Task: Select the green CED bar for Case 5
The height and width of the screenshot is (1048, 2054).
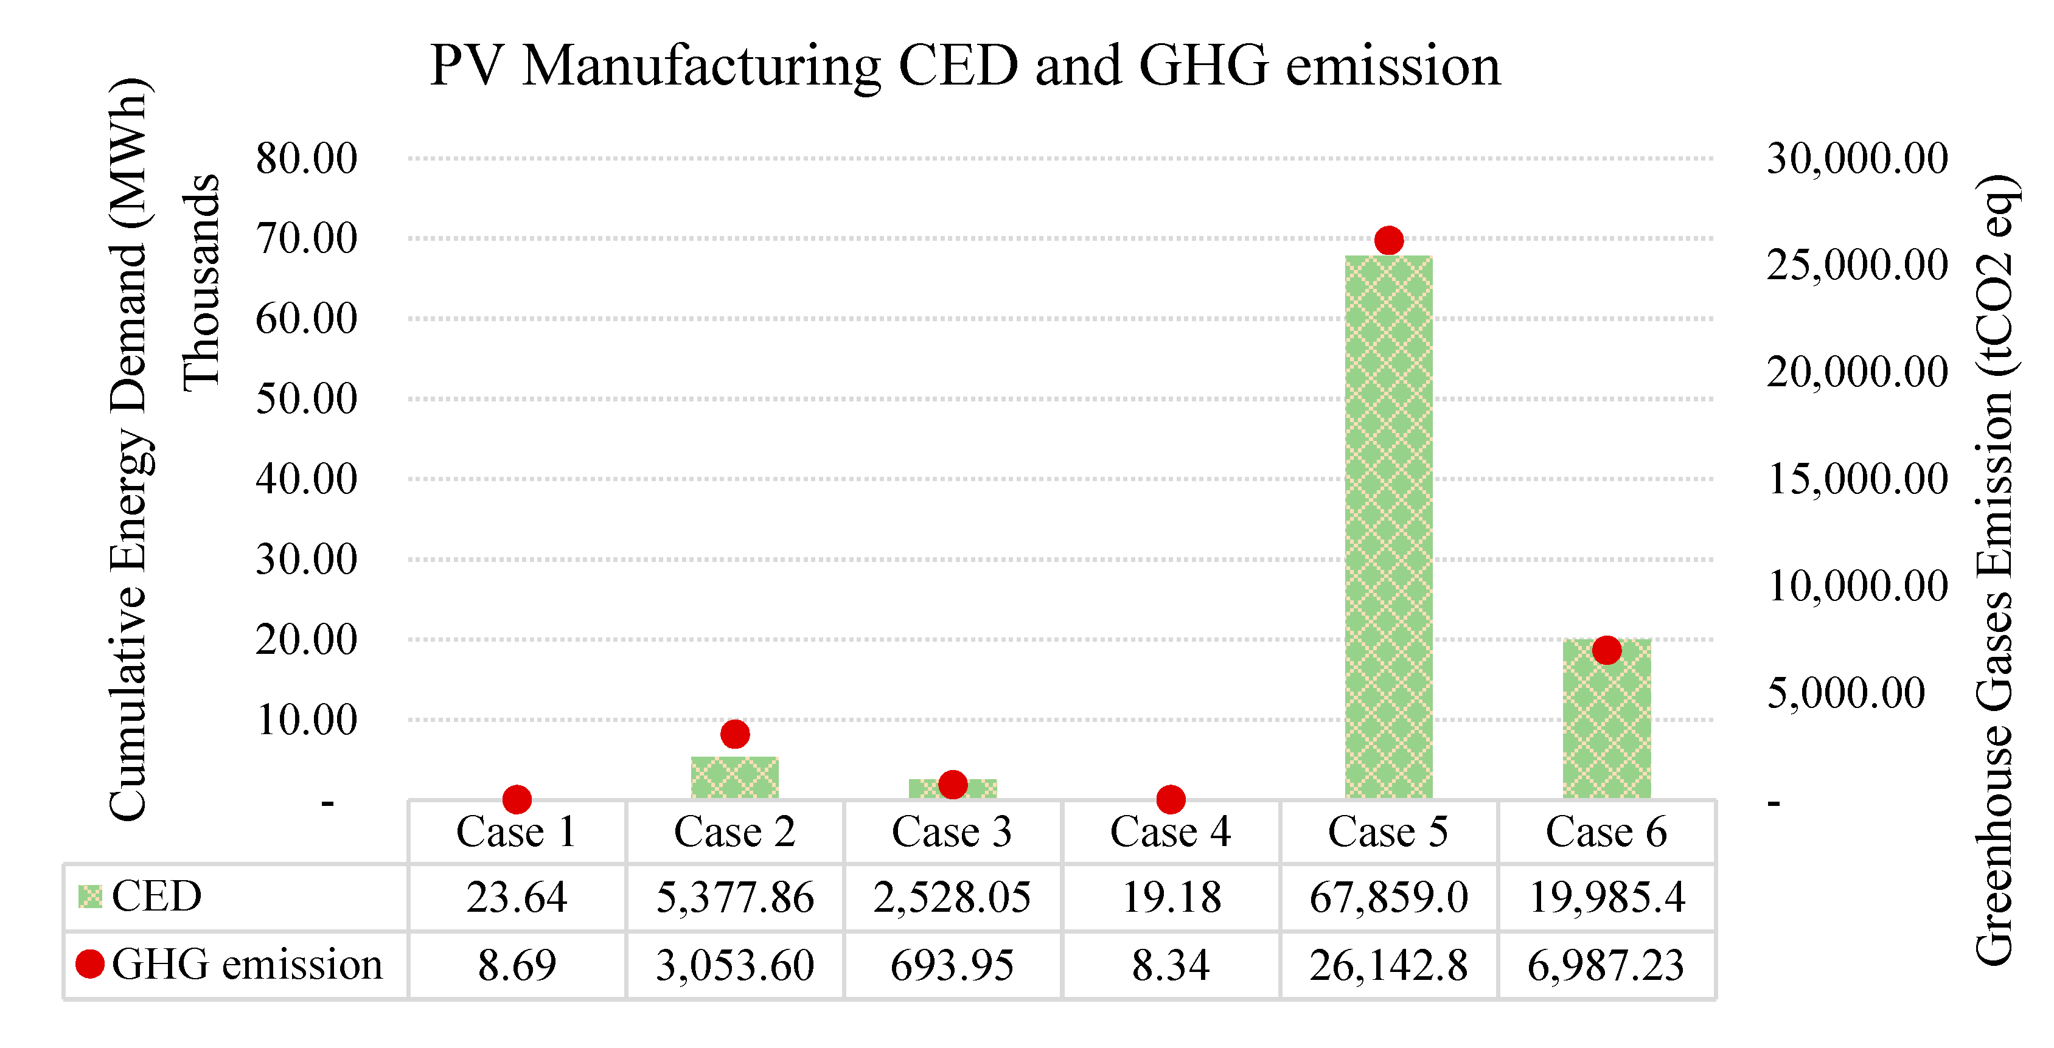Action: [1388, 526]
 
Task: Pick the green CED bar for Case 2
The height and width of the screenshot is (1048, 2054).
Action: [734, 779]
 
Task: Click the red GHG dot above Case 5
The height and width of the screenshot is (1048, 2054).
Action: [1388, 240]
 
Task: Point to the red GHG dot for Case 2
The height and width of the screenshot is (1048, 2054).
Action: [734, 733]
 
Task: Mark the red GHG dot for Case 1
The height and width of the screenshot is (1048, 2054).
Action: [517, 799]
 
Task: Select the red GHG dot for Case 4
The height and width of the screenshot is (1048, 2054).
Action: [1171, 799]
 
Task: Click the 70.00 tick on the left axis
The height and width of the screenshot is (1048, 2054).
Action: [306, 238]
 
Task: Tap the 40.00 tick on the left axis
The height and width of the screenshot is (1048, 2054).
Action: [306, 479]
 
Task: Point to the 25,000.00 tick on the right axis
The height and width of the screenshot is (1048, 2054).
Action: [1856, 265]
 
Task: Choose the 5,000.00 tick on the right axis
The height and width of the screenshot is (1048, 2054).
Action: [1845, 693]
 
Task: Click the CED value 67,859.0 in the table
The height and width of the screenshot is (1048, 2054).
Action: [1388, 897]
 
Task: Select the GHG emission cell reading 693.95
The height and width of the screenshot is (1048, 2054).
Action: [952, 965]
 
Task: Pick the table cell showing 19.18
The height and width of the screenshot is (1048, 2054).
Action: [1171, 897]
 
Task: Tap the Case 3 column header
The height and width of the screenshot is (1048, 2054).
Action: [952, 832]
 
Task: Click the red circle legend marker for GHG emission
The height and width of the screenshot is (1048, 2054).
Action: [90, 964]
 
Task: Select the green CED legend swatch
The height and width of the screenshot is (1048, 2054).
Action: [90, 897]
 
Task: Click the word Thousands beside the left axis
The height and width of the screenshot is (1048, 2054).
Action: [201, 283]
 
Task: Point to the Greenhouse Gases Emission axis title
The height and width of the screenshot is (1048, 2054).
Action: [1993, 570]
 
